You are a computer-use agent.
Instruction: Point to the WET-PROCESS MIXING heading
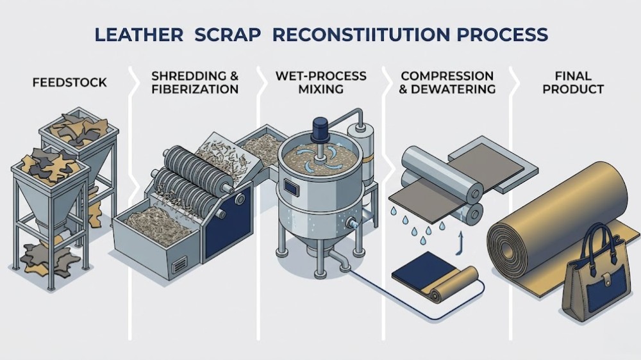pos(321,83)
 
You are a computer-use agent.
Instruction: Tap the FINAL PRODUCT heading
pos(573,83)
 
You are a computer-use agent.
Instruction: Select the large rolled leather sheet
pos(558,218)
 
